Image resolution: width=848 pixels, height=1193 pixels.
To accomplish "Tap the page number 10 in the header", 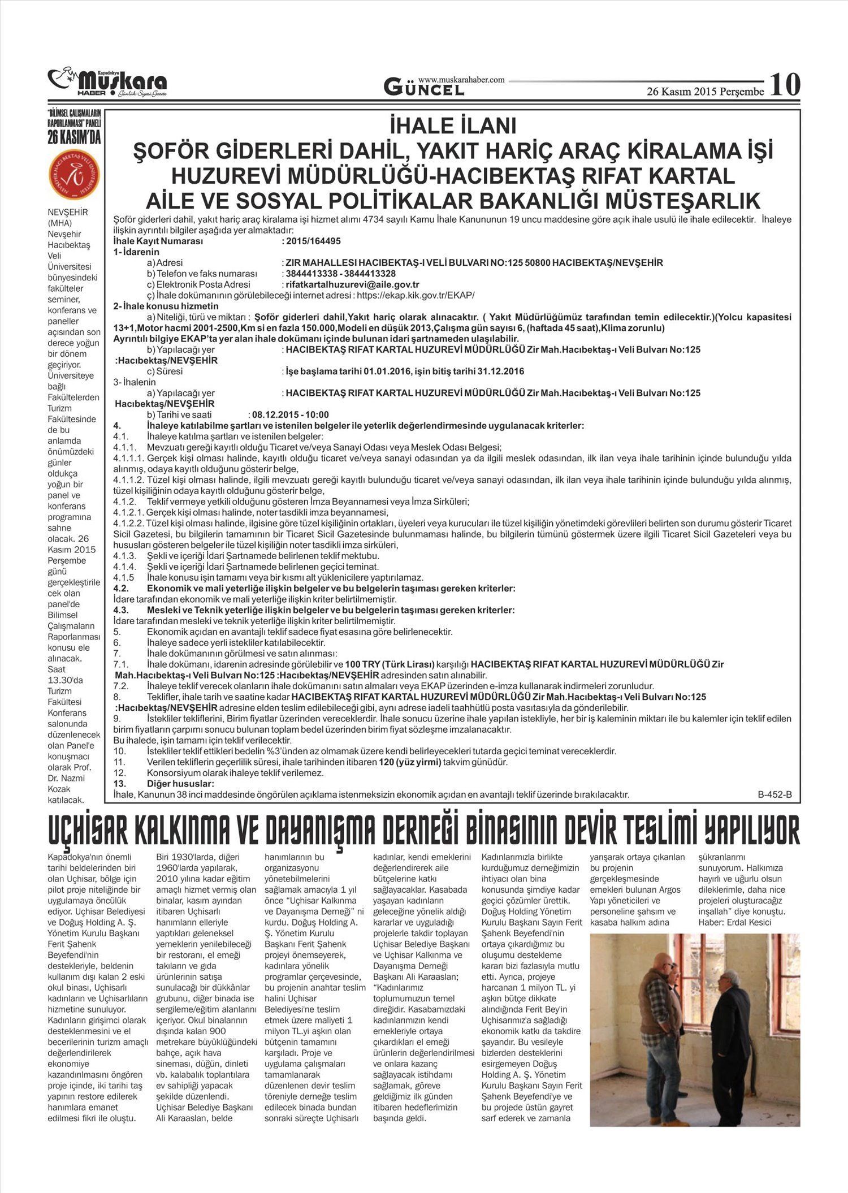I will pos(785,85).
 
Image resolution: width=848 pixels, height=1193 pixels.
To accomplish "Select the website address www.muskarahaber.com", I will pos(461,80).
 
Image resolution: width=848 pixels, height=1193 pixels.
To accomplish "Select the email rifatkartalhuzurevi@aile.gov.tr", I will pos(352,284).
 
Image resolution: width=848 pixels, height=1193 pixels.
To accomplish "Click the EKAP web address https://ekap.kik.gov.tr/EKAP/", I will pos(415,295).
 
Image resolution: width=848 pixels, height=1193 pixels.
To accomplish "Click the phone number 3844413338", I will pos(309,274).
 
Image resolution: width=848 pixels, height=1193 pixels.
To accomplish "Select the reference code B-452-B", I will pos(775,794).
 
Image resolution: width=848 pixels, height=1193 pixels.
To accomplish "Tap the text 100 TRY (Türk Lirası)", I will pos(390,664).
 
